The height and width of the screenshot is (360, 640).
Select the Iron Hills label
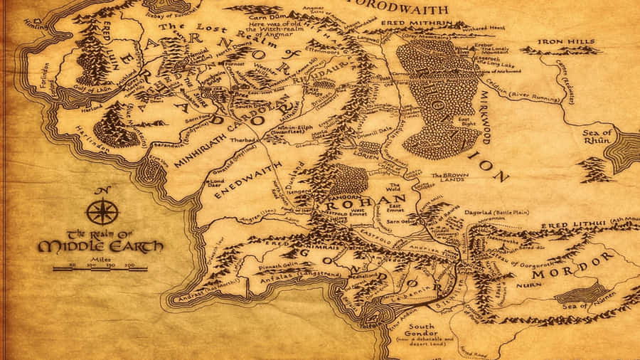(565, 42)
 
